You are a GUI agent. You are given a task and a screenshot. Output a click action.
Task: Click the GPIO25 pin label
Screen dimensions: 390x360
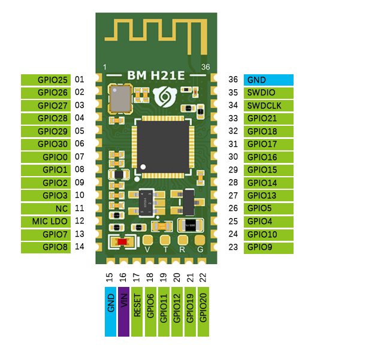coord(46,80)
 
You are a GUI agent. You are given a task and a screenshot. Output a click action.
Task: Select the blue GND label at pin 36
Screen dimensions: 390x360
coord(268,80)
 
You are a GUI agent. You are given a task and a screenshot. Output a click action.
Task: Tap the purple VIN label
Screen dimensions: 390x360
coord(123,311)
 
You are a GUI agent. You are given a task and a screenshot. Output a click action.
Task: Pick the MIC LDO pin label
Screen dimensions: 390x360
coord(46,222)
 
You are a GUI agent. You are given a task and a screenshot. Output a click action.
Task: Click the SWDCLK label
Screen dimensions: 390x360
coord(268,105)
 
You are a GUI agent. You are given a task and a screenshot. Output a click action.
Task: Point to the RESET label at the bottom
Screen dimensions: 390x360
coord(137,311)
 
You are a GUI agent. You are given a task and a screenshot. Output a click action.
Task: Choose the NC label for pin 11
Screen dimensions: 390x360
coord(46,208)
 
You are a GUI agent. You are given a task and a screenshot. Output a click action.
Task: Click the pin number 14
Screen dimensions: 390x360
coord(80,247)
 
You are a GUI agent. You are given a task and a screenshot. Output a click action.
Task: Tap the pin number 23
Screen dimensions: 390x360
coord(233,247)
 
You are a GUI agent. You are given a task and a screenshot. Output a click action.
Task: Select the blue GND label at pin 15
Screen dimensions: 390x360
coord(110,311)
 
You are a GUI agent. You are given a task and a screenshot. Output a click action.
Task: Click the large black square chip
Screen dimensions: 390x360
coord(163,147)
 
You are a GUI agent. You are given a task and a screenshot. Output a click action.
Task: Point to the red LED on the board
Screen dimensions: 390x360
coord(122,241)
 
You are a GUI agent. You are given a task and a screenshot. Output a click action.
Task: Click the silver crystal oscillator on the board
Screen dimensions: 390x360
coord(120,99)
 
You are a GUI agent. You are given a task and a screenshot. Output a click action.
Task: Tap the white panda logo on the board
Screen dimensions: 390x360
coord(165,96)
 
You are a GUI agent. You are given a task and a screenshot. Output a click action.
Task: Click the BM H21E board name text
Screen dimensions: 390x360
coord(156,75)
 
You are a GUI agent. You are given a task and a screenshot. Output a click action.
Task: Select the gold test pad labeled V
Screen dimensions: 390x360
coord(147,240)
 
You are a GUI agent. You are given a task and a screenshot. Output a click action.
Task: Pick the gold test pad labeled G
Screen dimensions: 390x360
coord(200,240)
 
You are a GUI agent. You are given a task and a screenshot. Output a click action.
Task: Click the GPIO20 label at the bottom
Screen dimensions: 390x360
coord(203,311)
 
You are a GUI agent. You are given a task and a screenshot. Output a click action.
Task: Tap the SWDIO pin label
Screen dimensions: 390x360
coord(268,93)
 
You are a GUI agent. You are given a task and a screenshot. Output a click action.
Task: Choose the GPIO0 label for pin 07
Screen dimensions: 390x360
coord(46,157)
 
